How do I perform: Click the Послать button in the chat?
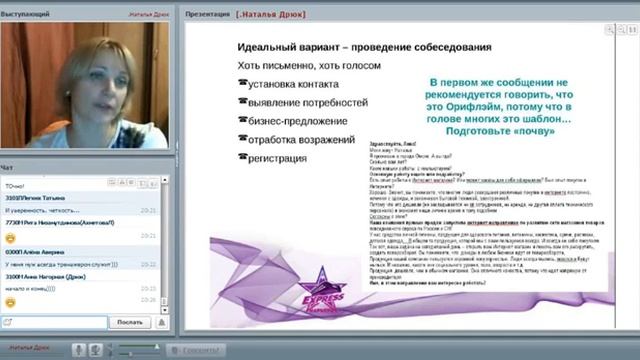[x=129, y=322]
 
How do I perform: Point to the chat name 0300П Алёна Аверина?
[x=41, y=254]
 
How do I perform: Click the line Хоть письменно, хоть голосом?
[x=297, y=66]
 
